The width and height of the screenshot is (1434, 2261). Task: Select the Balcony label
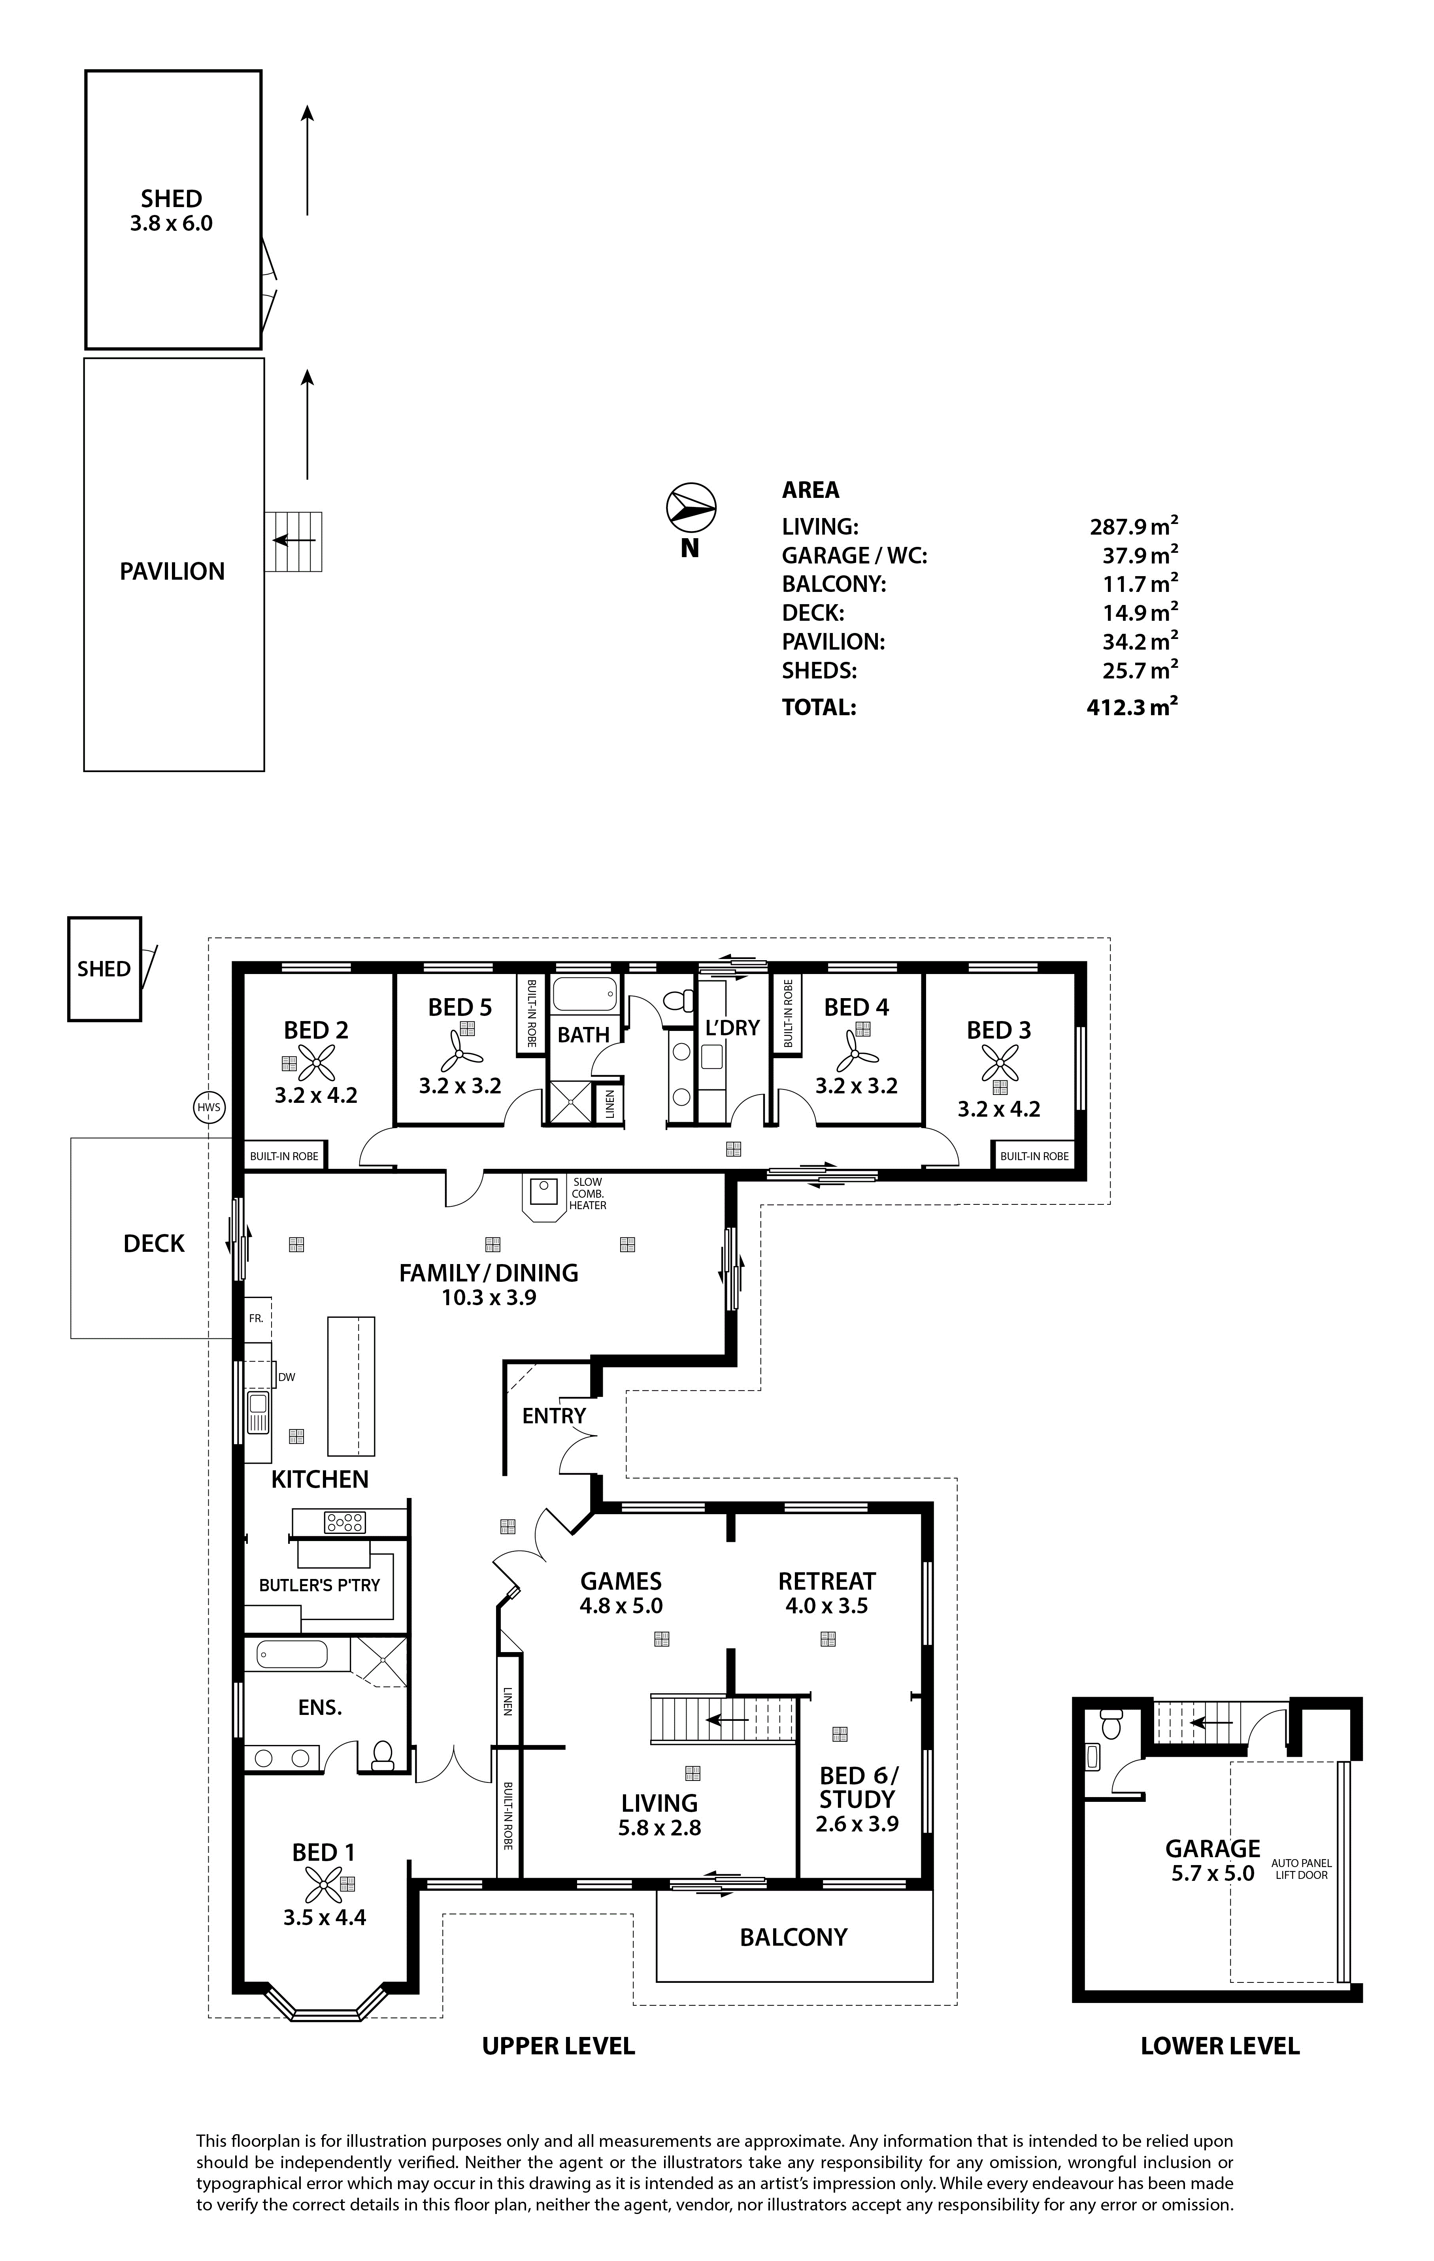pos(794,1937)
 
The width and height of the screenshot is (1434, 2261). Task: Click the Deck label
pos(154,1243)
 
